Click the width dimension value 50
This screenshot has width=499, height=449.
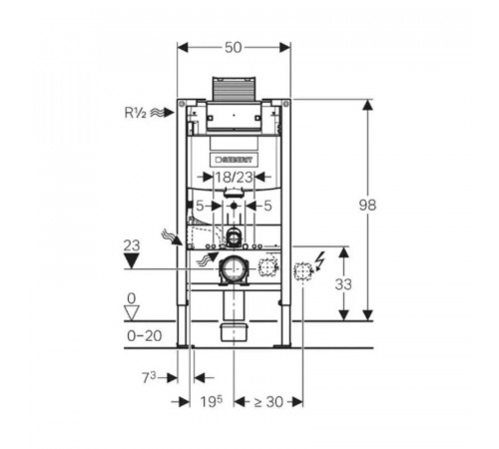(233, 48)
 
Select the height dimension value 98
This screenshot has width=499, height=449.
(367, 205)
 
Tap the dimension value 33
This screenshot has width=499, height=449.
(343, 284)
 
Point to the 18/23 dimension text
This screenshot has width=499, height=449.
(234, 178)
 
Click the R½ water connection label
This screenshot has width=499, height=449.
(135, 113)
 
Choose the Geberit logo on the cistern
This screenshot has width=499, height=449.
(233, 160)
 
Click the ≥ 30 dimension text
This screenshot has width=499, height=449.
(268, 402)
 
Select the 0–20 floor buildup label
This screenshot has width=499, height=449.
(145, 336)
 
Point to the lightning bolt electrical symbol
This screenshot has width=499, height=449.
(320, 261)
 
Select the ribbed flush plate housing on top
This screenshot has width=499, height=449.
(234, 89)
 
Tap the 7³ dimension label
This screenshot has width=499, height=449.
(149, 377)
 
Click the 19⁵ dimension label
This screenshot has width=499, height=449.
(212, 401)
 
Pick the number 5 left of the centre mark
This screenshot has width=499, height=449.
(200, 207)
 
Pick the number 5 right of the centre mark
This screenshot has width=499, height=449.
(267, 207)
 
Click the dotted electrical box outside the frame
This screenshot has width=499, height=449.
(302, 271)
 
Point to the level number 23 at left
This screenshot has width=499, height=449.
(132, 245)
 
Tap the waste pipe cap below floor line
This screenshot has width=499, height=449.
(234, 332)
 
